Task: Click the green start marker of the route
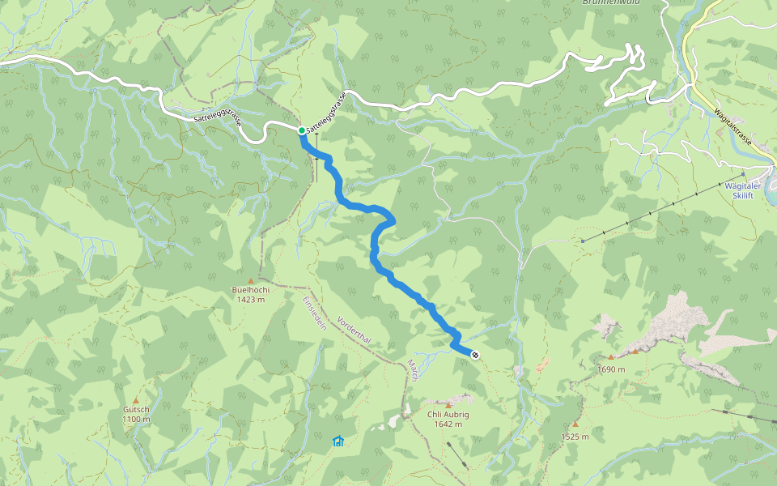click(x=301, y=130)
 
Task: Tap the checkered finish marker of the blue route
click(x=474, y=354)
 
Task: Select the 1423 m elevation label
click(x=251, y=300)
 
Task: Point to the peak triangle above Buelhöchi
click(x=262, y=280)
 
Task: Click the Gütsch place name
click(x=136, y=410)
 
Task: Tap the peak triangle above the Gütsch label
click(x=136, y=400)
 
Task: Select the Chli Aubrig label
click(x=448, y=415)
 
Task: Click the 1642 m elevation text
click(x=448, y=424)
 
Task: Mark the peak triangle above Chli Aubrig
click(x=448, y=405)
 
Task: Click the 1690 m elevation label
click(x=611, y=369)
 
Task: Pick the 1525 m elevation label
click(x=575, y=437)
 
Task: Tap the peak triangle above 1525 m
click(x=575, y=424)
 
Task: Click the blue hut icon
click(x=338, y=441)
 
